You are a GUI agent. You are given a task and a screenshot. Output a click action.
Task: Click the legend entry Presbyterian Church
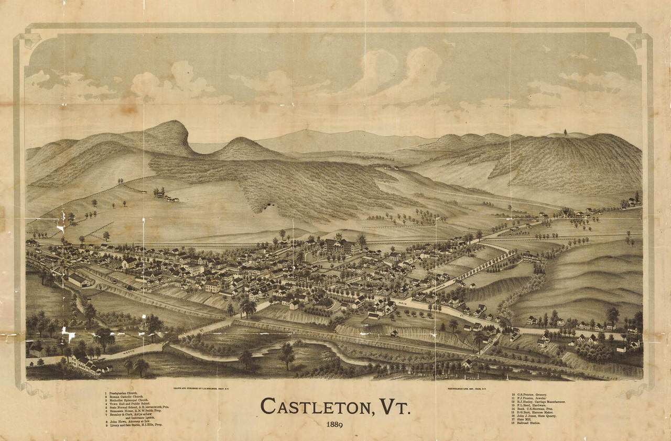(x=126, y=393)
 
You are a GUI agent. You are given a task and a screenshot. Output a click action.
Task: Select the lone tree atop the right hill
(x=565, y=131)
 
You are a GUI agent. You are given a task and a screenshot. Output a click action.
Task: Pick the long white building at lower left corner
(x=87, y=363)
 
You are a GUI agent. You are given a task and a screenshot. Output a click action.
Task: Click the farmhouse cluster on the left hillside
(x=165, y=196)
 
